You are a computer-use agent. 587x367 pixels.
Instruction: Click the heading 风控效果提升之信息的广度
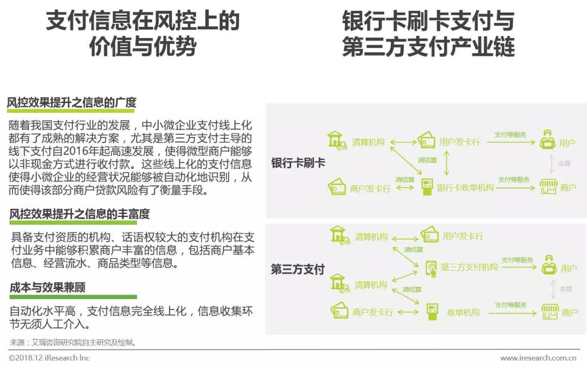(71, 103)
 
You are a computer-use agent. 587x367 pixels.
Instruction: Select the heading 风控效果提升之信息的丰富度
(79, 214)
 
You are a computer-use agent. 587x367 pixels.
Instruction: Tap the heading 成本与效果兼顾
(47, 288)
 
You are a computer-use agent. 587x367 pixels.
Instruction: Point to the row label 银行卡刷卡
(298, 163)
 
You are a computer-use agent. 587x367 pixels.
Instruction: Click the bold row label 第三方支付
(298, 270)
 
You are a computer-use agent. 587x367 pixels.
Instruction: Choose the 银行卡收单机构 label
(465, 188)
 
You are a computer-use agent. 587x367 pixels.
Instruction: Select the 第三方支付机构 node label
(469, 268)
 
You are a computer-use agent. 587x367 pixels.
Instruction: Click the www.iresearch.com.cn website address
(538, 358)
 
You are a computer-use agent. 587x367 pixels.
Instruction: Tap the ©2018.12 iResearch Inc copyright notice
(49, 358)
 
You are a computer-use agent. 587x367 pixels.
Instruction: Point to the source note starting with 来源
(73, 343)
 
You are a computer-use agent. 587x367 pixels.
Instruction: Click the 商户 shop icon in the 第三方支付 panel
(549, 312)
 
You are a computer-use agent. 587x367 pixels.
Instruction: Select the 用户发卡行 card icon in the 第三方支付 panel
(429, 235)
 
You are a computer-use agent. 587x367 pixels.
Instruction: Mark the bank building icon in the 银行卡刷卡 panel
(336, 140)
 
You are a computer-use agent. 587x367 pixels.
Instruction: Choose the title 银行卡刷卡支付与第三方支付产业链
(428, 35)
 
